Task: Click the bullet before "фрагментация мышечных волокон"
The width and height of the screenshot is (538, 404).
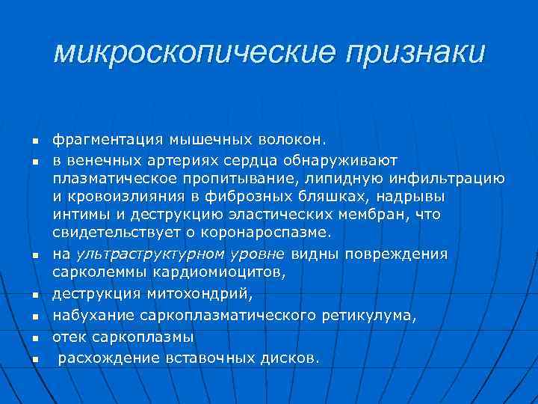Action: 34,142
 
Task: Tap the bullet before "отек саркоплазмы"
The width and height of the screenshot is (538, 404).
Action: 34,340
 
